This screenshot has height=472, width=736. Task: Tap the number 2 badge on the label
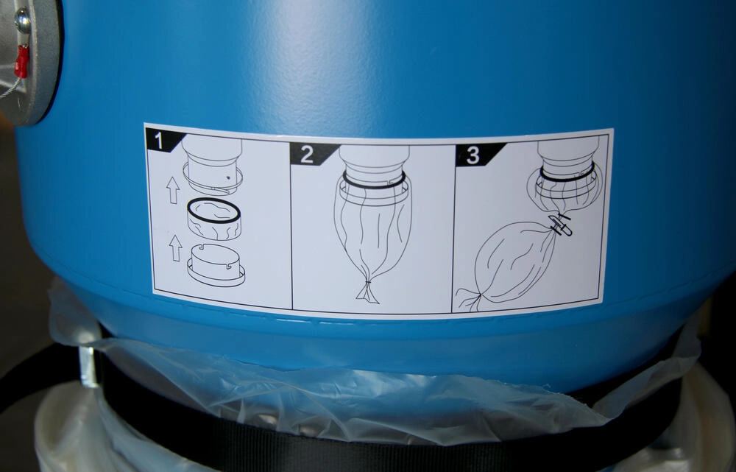tap(311, 154)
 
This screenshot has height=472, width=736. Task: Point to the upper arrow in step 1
tap(173, 190)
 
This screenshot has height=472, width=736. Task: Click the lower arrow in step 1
tap(176, 248)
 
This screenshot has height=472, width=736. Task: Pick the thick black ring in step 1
tap(214, 210)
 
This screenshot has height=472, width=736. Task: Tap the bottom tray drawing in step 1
tap(216, 265)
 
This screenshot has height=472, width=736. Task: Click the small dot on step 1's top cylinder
tap(227, 178)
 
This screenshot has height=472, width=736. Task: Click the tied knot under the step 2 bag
tap(367, 291)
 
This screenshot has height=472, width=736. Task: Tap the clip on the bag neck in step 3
tap(559, 225)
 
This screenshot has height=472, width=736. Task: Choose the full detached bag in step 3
tap(511, 263)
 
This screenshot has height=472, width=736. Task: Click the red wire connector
tap(21, 62)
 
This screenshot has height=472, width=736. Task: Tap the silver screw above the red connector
tap(22, 19)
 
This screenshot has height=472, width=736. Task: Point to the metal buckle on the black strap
tap(88, 366)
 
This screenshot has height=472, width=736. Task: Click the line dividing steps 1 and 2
tap(291, 225)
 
